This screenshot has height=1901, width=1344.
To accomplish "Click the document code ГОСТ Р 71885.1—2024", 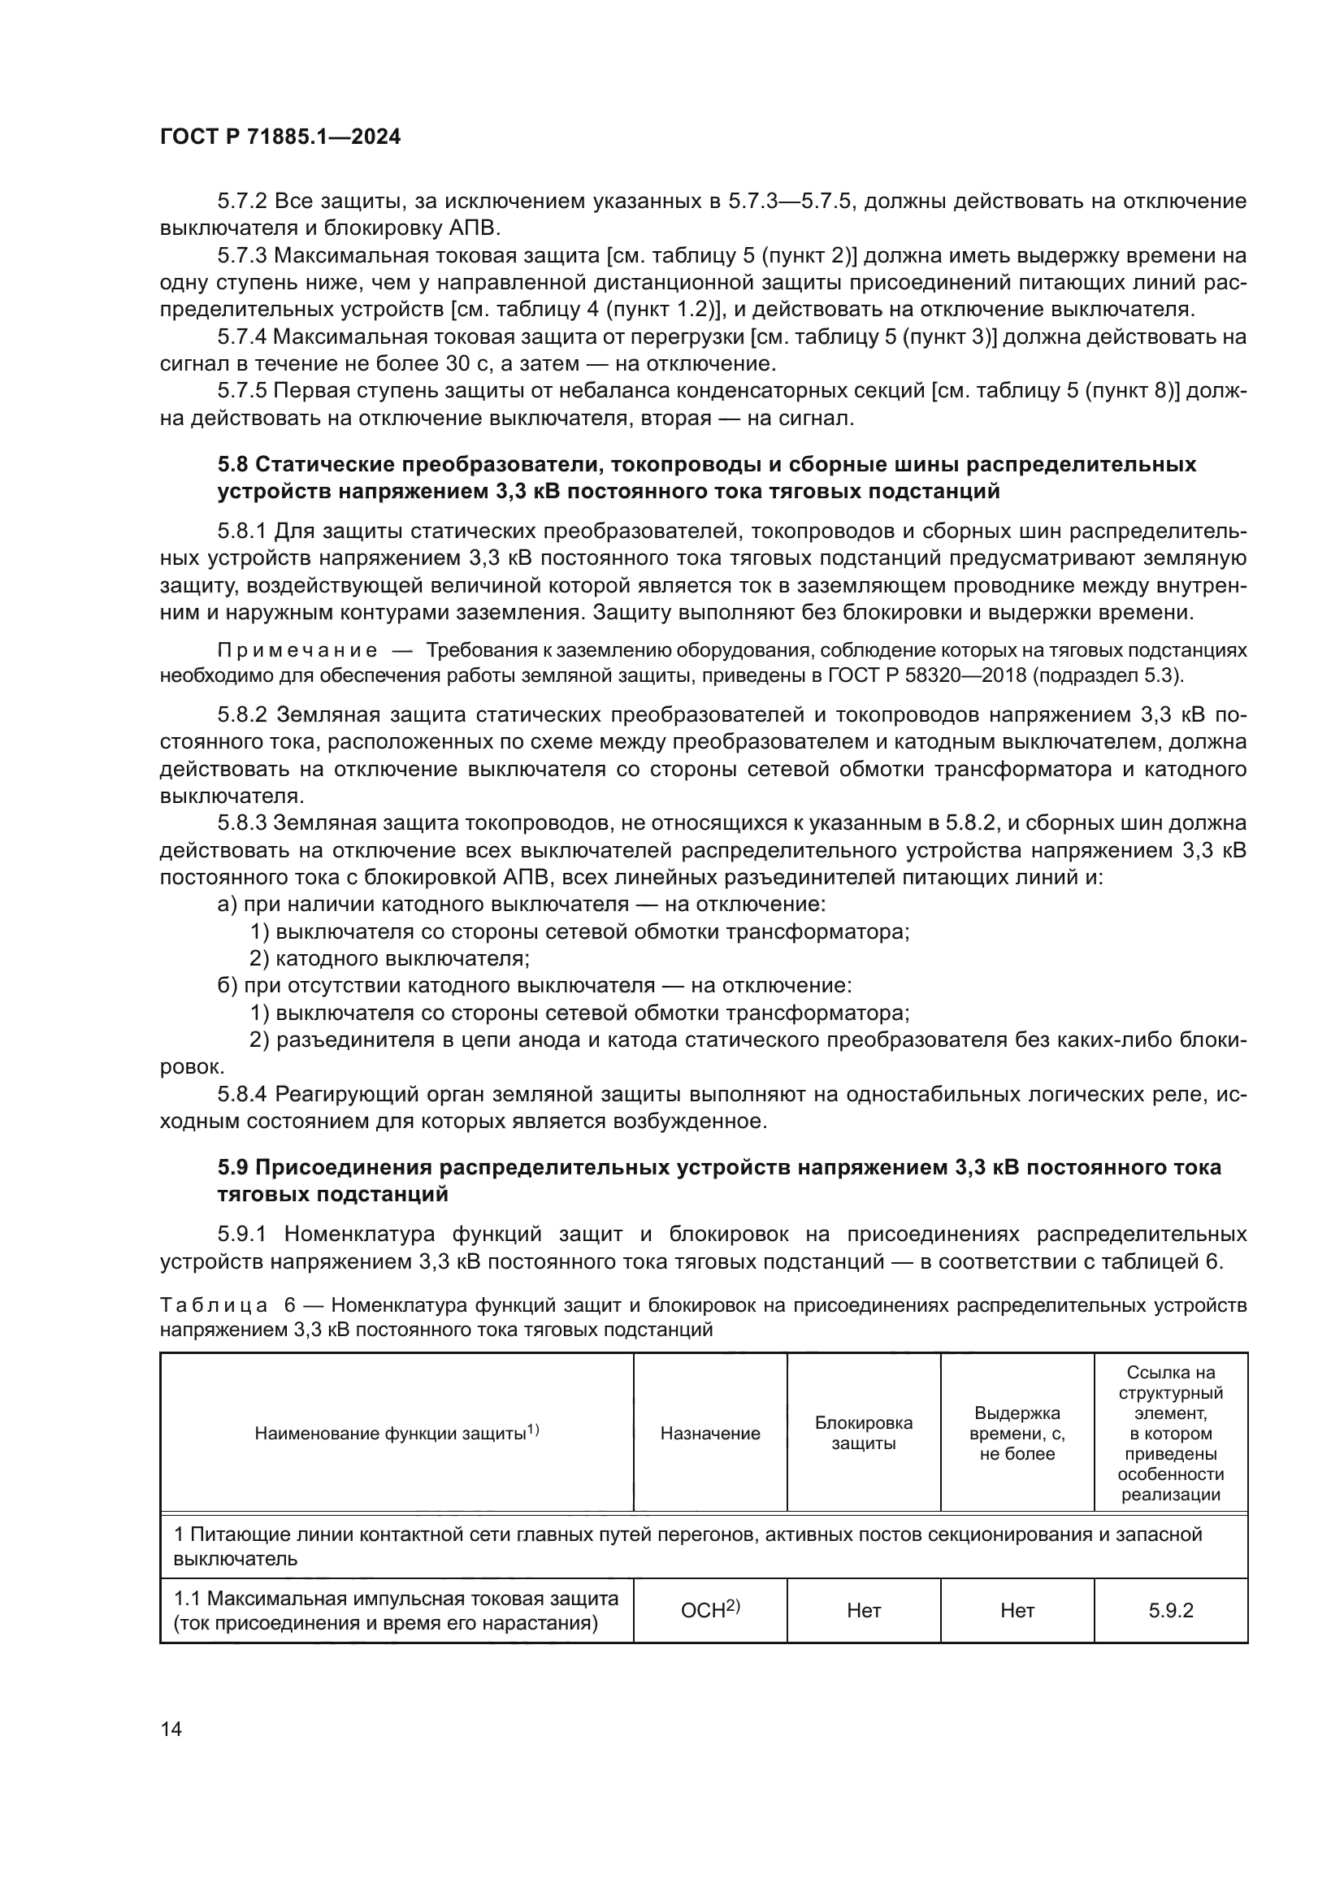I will (x=280, y=137).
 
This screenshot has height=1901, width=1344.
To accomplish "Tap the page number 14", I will (x=171, y=1729).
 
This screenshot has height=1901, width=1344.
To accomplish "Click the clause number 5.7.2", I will (x=242, y=202).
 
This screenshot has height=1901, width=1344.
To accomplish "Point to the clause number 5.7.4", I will (x=242, y=337).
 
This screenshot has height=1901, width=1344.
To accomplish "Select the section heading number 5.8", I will (x=233, y=465).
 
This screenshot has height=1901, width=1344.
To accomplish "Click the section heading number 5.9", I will (x=233, y=1167).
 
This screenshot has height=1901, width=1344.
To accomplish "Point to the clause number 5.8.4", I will (x=242, y=1095).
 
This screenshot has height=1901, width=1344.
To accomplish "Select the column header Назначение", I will (x=710, y=1433).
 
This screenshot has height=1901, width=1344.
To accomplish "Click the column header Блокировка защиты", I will (x=863, y=1433).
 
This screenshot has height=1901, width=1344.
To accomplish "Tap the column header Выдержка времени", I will (x=1017, y=1433).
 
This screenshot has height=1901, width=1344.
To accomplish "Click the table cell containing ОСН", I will (x=709, y=1610).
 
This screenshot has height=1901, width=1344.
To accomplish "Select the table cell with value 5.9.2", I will (x=1170, y=1610).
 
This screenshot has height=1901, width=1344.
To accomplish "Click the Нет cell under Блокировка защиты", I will (x=863, y=1610).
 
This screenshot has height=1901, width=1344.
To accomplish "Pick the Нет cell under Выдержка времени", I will (x=1017, y=1610).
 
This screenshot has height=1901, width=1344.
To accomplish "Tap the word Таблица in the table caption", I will (x=213, y=1306).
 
